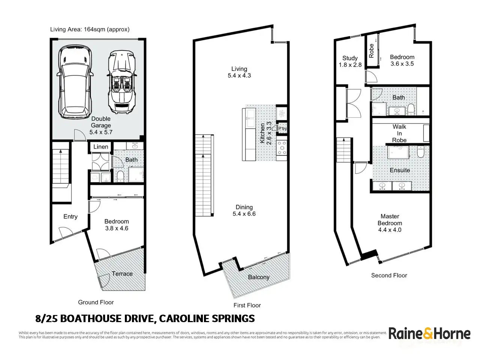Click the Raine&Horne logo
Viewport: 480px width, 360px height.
429,333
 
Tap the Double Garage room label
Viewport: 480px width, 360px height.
101,125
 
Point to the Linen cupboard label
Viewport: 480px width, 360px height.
100,147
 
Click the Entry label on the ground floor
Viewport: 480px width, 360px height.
70,216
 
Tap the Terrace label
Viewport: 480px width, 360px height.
122,274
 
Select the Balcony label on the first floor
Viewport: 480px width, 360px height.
259,277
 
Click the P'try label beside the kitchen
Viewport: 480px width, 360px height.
282,129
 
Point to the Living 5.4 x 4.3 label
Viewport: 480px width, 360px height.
239,72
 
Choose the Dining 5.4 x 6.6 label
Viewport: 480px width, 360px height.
244,210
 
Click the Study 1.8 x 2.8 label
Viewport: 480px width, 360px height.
350,61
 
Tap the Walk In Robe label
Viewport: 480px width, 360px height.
399,133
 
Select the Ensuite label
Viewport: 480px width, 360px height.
400,170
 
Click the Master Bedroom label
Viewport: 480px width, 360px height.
390,223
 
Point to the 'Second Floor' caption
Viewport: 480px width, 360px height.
389,275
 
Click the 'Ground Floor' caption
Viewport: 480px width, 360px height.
96,302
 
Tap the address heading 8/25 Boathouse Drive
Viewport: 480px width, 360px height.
145,319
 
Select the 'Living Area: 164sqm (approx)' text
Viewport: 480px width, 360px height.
90,29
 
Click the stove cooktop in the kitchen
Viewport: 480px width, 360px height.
282,148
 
